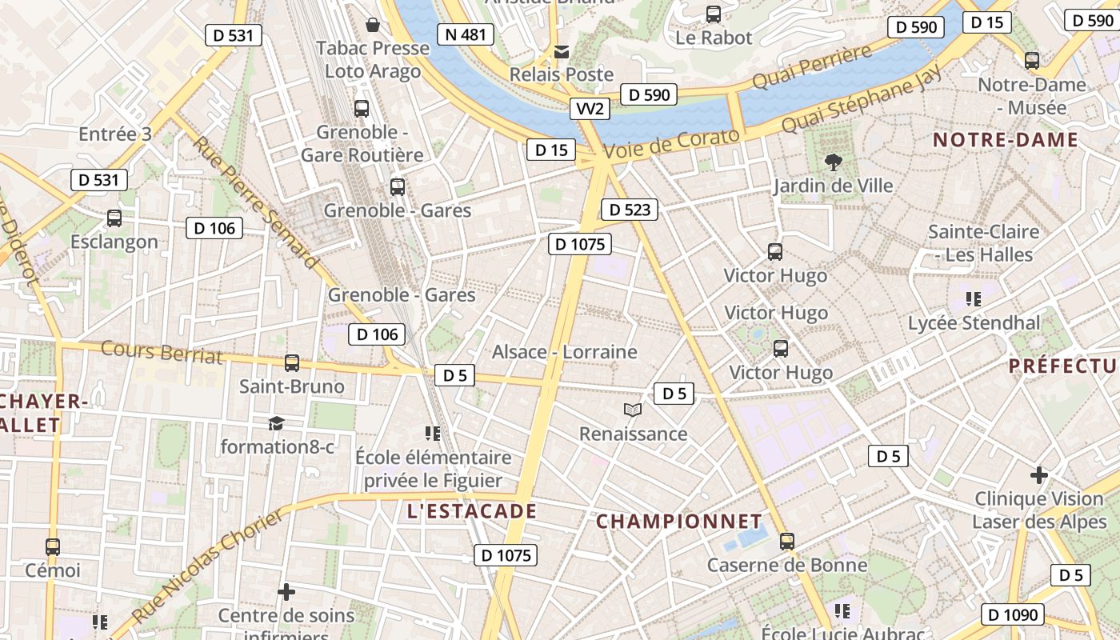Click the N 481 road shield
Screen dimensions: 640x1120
tap(465, 34)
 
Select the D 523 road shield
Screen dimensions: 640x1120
tap(629, 210)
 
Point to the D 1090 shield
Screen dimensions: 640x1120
tap(1014, 614)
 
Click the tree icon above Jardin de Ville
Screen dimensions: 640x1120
tap(833, 162)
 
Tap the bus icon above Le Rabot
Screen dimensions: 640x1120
tap(714, 14)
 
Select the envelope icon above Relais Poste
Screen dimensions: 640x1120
tap(562, 52)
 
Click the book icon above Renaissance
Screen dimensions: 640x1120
tap(633, 410)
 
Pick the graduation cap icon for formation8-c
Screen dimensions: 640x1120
tap(276, 423)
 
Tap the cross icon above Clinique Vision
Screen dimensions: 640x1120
tap(1039, 475)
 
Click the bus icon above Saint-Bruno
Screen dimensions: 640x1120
tap(292, 363)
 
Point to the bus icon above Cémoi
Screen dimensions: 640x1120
tap(53, 547)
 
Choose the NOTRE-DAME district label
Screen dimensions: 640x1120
tap(1006, 140)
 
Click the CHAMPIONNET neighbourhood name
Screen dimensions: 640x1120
tap(678, 522)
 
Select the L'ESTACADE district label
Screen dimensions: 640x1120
tap(471, 510)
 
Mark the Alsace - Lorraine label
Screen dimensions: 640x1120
tap(564, 352)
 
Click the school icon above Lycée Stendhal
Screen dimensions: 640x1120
tap(974, 299)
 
